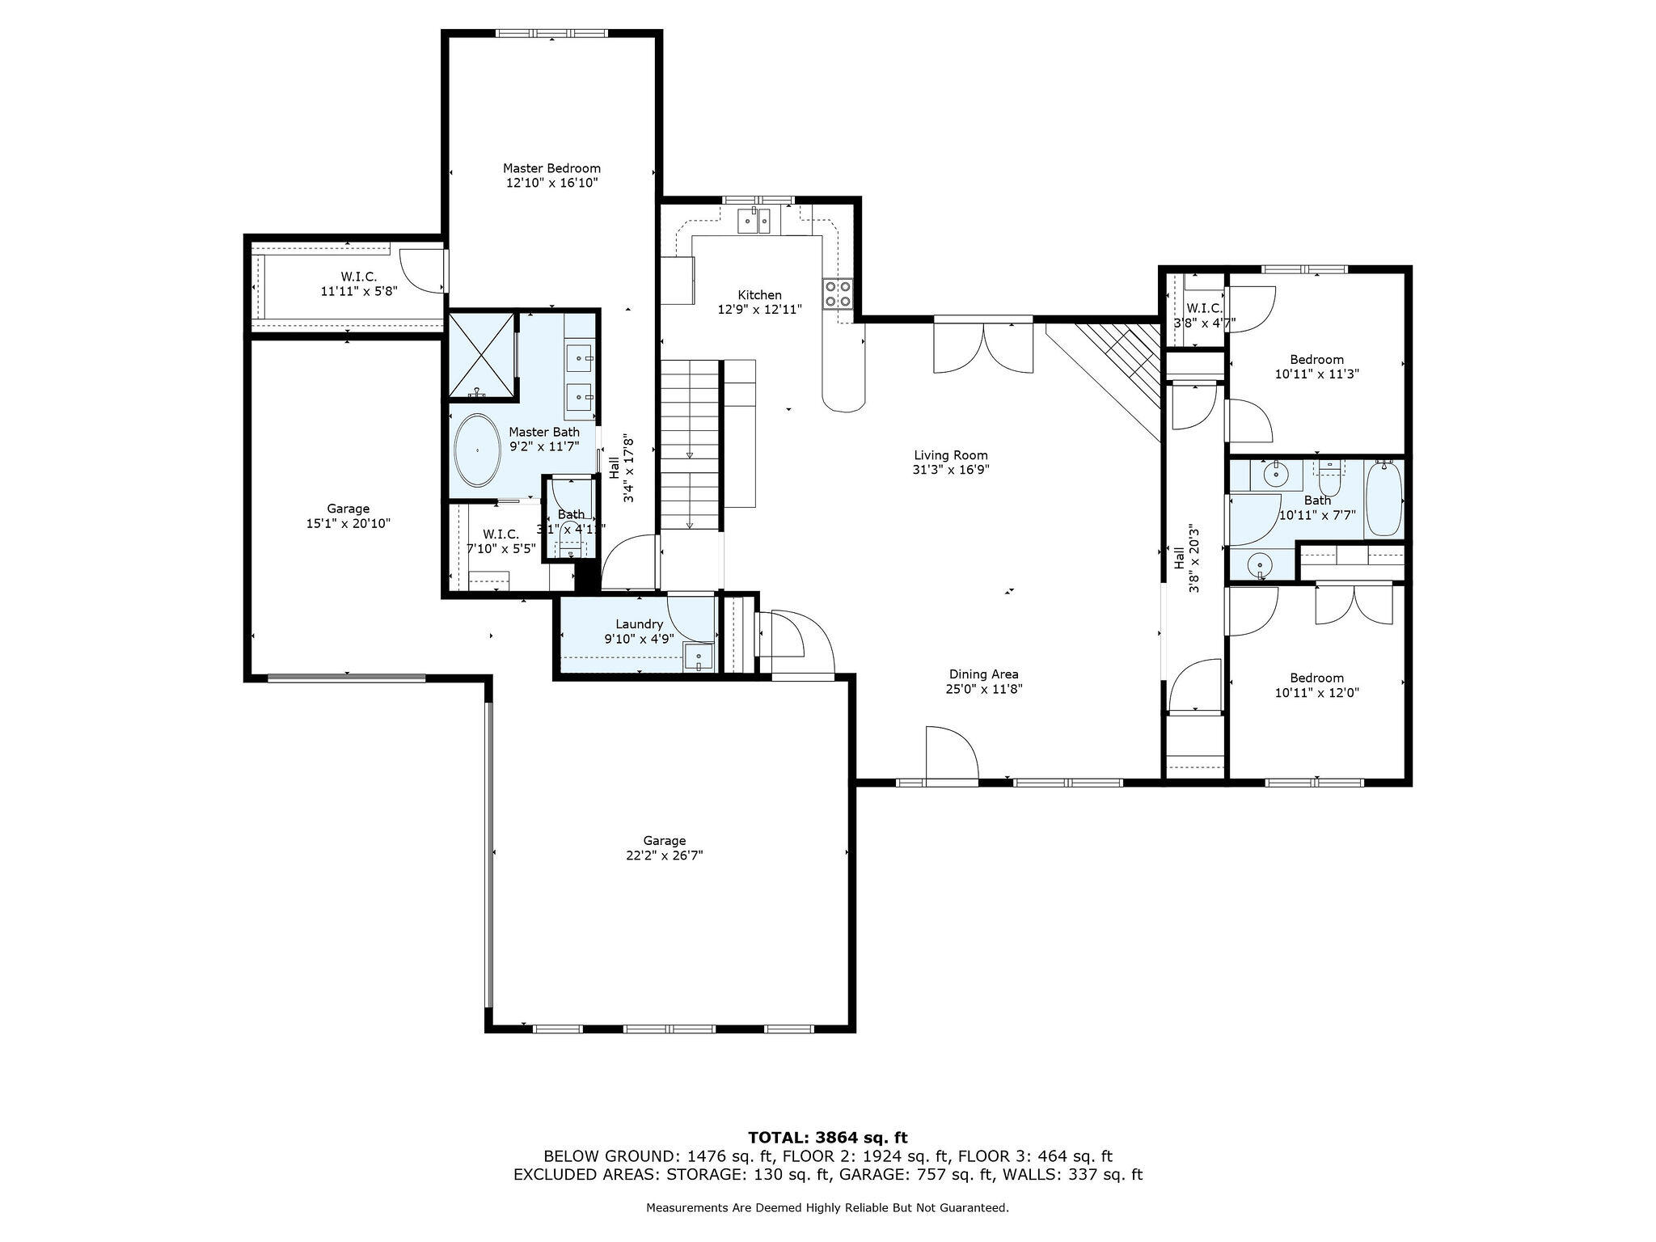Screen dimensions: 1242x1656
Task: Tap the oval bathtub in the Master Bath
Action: (477, 450)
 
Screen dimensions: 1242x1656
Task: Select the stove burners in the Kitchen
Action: (837, 294)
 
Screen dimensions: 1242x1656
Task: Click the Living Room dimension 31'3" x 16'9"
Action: (951, 470)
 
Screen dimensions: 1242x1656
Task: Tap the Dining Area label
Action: (983, 674)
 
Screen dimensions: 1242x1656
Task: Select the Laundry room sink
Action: (697, 657)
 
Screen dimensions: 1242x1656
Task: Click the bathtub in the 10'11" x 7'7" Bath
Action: (1384, 498)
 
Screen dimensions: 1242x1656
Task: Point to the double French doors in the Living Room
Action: (983, 348)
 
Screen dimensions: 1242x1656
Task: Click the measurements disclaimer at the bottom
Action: (827, 1207)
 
